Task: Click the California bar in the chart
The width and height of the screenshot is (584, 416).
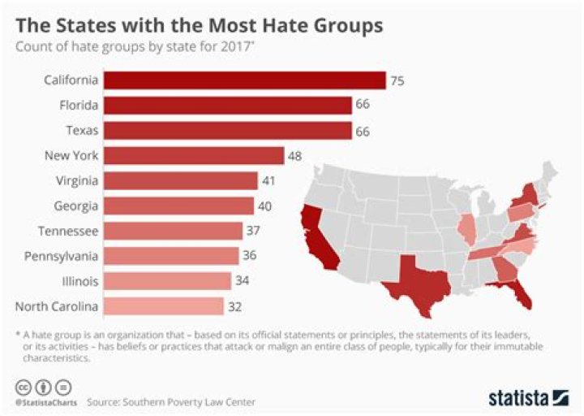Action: (244, 80)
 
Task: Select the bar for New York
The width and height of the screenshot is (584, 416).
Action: (194, 155)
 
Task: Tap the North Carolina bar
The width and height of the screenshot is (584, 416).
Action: (164, 305)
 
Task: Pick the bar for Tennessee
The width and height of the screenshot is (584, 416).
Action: (173, 231)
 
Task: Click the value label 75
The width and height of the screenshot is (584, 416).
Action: (397, 80)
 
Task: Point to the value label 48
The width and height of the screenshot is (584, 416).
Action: (296, 155)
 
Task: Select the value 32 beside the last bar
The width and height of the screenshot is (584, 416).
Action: (235, 306)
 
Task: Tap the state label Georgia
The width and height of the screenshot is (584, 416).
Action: (76, 206)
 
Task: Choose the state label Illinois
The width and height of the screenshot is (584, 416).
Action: (79, 281)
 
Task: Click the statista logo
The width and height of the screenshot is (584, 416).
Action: (528, 397)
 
